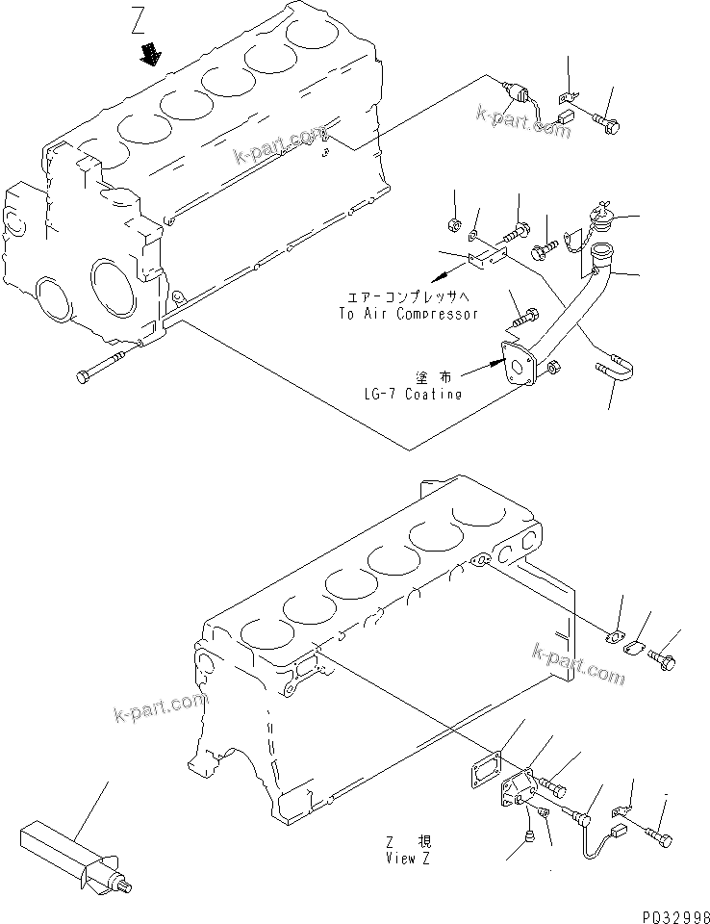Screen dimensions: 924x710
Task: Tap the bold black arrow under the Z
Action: coord(151,55)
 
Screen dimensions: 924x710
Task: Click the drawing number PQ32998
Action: coord(671,911)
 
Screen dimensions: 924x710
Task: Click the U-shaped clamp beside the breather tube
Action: coord(612,368)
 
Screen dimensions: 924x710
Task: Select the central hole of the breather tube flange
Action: coord(520,365)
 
